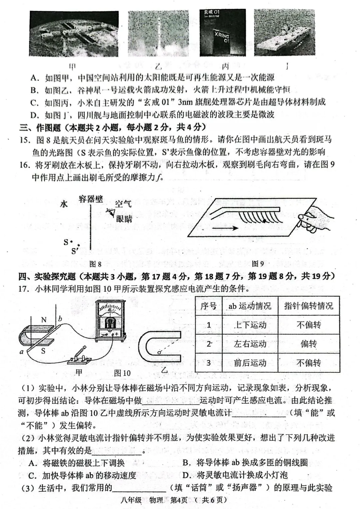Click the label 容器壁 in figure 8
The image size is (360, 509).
pyautogui.click(x=91, y=199)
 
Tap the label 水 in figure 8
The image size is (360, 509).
pyautogui.click(x=64, y=204)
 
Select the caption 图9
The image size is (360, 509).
pyautogui.click(x=258, y=264)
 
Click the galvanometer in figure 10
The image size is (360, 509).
pyautogui.click(x=110, y=320)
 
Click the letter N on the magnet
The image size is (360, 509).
pyautogui.click(x=44, y=320)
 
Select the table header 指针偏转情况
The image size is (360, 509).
pyautogui.click(x=309, y=306)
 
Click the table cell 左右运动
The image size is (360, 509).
pyautogui.click(x=250, y=344)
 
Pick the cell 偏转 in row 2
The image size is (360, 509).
pyautogui.click(x=309, y=344)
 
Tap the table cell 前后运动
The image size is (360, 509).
pyautogui.click(x=250, y=363)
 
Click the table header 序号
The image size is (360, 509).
pyautogui.click(x=209, y=306)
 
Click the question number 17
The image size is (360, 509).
pyautogui.click(x=24, y=289)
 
